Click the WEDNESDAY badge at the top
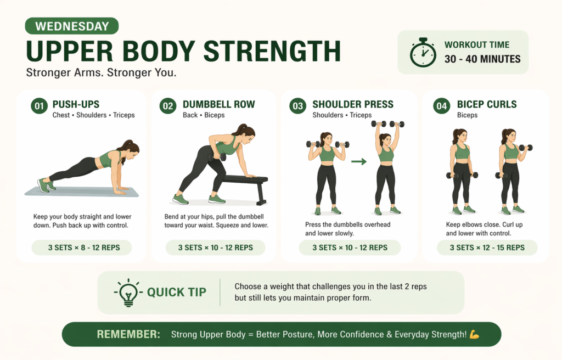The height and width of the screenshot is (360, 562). pyautogui.click(x=71, y=26)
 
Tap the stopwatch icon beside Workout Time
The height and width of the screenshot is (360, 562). pyautogui.click(x=423, y=53)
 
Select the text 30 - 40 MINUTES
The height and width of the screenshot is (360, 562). pyautogui.click(x=482, y=59)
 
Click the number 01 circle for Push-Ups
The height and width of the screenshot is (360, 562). pyautogui.click(x=39, y=106)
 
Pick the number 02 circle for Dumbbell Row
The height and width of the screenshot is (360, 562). pyautogui.click(x=168, y=106)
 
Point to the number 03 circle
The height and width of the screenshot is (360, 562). pyautogui.click(x=298, y=106)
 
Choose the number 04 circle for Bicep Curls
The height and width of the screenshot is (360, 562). pyautogui.click(x=442, y=106)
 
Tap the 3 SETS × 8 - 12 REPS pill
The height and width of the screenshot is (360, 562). pyautogui.click(x=82, y=248)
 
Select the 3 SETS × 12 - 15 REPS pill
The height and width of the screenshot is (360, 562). pyautogui.click(x=487, y=248)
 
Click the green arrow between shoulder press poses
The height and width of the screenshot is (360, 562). pyautogui.click(x=359, y=161)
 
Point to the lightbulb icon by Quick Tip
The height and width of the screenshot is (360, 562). pyautogui.click(x=128, y=292)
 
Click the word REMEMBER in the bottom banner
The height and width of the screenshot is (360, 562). pyautogui.click(x=128, y=334)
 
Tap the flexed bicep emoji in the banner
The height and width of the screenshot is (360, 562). pyautogui.click(x=475, y=334)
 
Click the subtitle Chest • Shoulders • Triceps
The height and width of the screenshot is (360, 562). pyautogui.click(x=93, y=115)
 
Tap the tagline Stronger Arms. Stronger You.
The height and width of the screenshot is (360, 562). pyautogui.click(x=101, y=73)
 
